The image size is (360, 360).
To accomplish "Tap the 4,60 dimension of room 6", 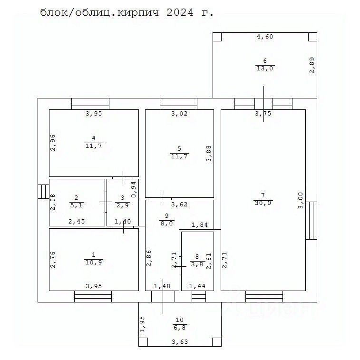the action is point(265,37).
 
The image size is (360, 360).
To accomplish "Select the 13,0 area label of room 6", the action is point(265,68).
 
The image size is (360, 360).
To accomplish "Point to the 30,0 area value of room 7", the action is point(263,203).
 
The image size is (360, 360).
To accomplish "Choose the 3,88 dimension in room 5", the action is point(208,153).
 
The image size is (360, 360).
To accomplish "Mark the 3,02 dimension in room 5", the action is point(179,114).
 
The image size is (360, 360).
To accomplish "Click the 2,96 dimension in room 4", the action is point(53,143).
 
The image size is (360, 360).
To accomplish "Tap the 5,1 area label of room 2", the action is point(76,206).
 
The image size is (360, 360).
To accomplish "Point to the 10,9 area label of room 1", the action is point(93,262).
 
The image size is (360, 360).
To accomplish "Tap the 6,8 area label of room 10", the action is point(179,328).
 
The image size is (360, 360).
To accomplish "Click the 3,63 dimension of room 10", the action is point(180,341).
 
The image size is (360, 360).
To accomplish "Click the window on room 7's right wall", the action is point(311,221).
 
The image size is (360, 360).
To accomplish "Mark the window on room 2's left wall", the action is point(43,191).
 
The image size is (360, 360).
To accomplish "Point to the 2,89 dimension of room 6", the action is point(312,65).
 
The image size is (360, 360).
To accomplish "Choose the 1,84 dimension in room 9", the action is point(199,225).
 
